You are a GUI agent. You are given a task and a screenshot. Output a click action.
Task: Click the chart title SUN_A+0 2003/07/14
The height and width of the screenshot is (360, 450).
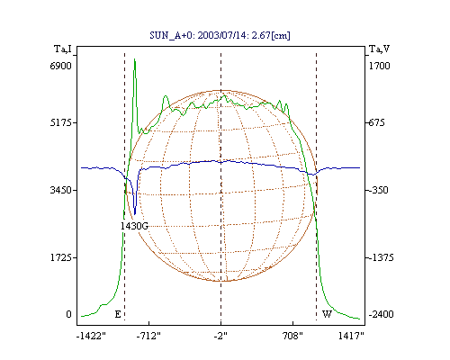click(220, 35)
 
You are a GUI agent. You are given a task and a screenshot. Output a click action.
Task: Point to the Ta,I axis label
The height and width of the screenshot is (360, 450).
click(63, 49)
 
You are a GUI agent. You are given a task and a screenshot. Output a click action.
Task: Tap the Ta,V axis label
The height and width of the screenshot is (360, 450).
click(379, 49)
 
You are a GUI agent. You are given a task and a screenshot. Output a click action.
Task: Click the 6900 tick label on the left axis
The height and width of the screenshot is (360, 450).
click(60, 66)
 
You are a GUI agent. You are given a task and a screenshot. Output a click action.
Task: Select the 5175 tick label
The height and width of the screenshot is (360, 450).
click(60, 122)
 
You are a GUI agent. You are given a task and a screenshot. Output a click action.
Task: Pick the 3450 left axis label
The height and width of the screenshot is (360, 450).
click(60, 190)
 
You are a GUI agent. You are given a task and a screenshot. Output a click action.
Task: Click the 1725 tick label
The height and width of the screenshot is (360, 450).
click(60, 257)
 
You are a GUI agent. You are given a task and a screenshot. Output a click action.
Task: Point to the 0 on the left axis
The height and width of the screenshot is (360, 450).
click(68, 314)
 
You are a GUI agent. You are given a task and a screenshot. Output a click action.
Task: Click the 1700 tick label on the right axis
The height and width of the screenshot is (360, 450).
click(379, 66)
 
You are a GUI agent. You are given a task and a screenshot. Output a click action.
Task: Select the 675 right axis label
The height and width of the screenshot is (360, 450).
click(376, 122)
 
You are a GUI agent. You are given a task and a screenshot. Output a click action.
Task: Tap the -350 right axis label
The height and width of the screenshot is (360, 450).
click(379, 190)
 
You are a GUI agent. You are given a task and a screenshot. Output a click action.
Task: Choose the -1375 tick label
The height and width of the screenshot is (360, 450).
click(381, 257)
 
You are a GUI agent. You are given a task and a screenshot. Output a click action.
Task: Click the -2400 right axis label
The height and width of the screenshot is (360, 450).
click(381, 314)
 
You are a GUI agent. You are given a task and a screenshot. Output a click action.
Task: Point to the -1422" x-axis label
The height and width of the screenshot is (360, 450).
click(91, 336)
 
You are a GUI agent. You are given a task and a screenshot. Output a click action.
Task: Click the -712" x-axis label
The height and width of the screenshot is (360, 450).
click(148, 336)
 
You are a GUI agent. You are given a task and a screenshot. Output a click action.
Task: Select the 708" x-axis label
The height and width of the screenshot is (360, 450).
click(292, 336)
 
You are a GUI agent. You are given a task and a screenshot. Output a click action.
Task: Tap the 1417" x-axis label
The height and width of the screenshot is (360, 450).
click(351, 336)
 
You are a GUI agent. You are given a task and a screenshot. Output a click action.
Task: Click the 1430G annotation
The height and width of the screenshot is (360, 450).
click(134, 226)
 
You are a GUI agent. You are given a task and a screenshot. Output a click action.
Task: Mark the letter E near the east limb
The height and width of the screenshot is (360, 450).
click(118, 314)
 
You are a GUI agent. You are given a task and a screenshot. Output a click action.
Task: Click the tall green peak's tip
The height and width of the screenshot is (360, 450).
click(135, 59)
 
